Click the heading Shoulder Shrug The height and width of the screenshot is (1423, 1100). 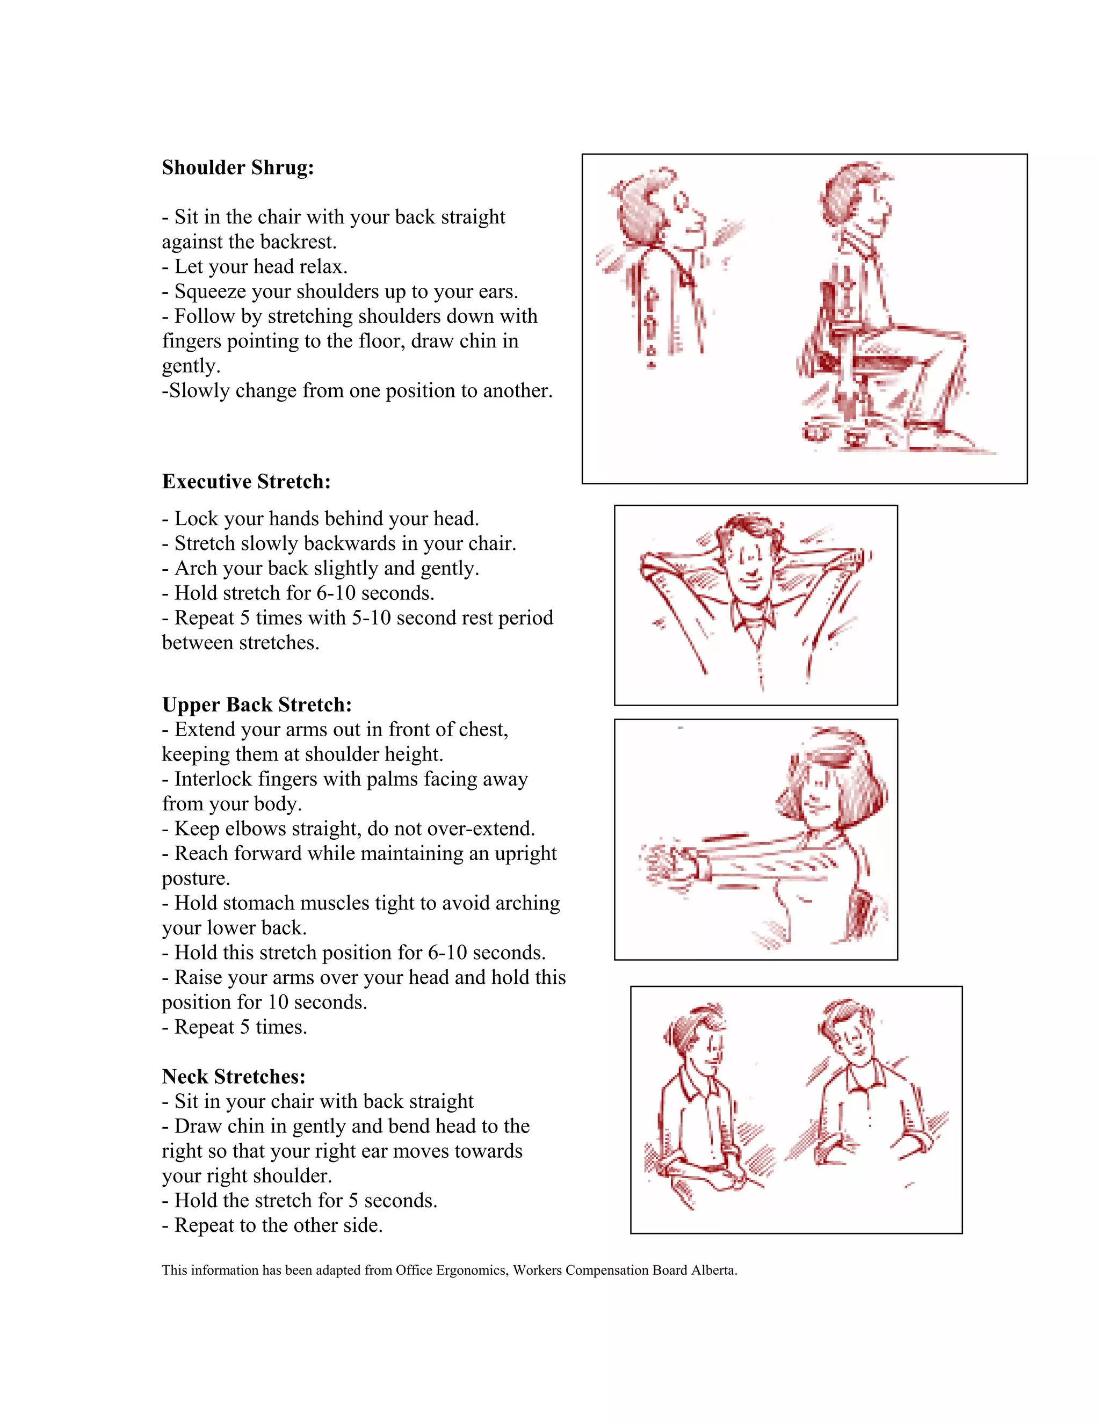point(238,168)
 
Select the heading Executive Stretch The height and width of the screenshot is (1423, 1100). point(247,482)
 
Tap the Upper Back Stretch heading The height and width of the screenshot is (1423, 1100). point(257,705)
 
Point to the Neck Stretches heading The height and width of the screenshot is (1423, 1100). point(233,1076)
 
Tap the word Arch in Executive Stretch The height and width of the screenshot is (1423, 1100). point(192,568)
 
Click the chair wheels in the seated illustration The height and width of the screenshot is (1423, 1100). point(847,433)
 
